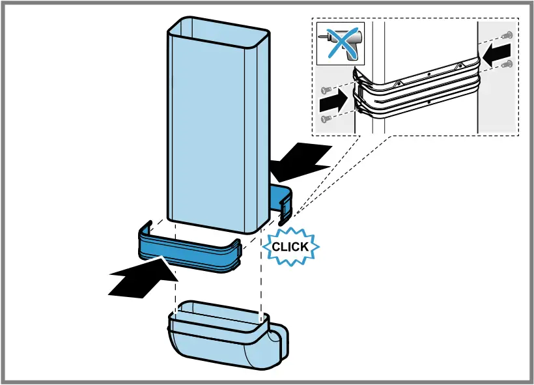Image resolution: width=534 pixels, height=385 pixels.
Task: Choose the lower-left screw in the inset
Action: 327,118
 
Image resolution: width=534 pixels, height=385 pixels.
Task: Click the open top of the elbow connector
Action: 218,313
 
